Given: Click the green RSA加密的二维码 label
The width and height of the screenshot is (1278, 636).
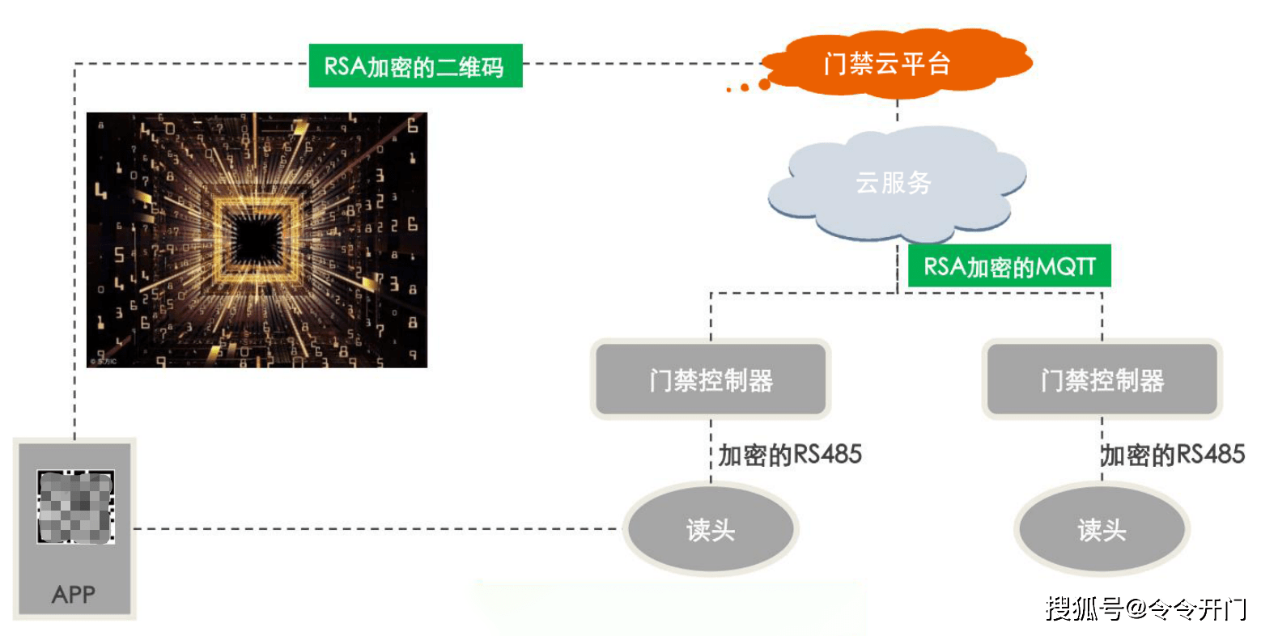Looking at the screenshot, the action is click(415, 66).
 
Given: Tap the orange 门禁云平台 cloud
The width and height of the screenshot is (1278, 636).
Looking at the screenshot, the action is click(897, 63).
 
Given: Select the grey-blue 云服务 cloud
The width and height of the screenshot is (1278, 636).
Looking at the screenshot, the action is click(896, 184).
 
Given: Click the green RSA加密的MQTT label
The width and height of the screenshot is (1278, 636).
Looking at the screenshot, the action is click(1009, 265).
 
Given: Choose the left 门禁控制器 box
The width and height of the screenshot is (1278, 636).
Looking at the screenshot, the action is click(711, 379).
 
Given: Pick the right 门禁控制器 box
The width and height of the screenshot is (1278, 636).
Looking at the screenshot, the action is click(1102, 379).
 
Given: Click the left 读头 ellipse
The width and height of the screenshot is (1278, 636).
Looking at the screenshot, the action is click(711, 529).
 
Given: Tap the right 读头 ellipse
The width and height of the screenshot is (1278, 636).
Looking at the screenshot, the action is click(1102, 529).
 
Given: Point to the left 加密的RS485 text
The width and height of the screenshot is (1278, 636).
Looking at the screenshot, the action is click(790, 456).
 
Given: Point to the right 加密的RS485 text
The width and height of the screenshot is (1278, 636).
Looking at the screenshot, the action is click(1173, 456).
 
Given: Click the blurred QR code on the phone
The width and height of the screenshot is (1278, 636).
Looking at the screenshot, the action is click(76, 507).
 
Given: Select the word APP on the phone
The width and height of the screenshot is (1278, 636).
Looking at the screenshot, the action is click(74, 595).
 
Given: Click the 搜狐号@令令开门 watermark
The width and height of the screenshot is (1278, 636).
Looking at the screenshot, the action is click(1145, 609).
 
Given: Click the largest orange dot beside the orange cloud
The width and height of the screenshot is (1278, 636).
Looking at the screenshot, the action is click(765, 85).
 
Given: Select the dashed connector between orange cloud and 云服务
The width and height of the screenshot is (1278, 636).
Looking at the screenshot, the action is click(898, 111).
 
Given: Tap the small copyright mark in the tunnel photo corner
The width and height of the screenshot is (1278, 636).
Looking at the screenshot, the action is click(104, 361).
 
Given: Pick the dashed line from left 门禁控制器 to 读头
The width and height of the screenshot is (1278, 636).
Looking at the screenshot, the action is click(711, 452).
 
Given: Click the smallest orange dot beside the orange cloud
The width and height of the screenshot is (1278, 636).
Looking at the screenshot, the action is click(728, 90).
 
